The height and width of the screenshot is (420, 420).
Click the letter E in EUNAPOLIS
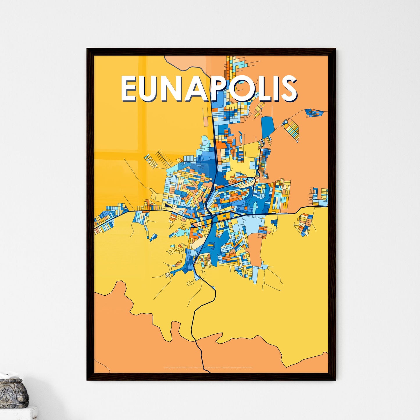point(130,88)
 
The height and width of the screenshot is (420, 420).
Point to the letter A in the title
point(205,88)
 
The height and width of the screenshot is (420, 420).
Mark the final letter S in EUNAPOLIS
point(289,88)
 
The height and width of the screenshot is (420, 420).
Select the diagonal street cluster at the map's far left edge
point(105,219)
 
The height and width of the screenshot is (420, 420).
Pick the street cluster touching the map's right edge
point(320,196)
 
